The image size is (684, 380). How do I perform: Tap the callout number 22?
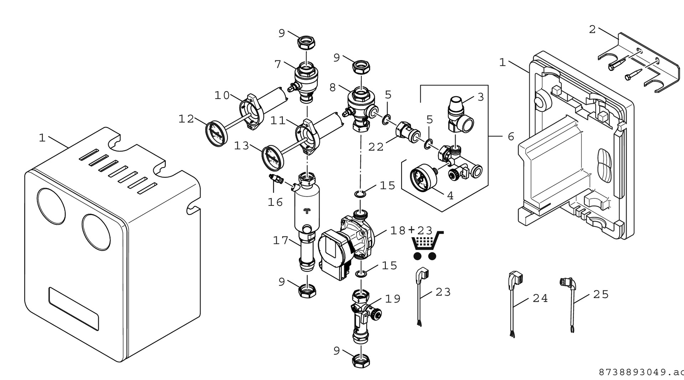pyautogui.click(x=376, y=147)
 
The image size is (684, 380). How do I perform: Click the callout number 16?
pyautogui.click(x=275, y=202)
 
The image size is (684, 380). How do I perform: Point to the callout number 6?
pyautogui.click(x=511, y=136)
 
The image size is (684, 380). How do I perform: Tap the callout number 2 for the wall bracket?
pyautogui.click(x=592, y=30)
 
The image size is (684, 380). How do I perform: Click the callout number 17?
pyautogui.click(x=280, y=240)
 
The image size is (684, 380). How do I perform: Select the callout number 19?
pyautogui.click(x=393, y=298)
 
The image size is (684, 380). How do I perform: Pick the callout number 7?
pyautogui.click(x=278, y=64)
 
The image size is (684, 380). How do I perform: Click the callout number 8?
pyautogui.click(x=333, y=87)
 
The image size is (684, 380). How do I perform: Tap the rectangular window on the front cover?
pyautogui.click(x=74, y=309)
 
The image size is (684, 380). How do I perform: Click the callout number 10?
pyautogui.click(x=222, y=95)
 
